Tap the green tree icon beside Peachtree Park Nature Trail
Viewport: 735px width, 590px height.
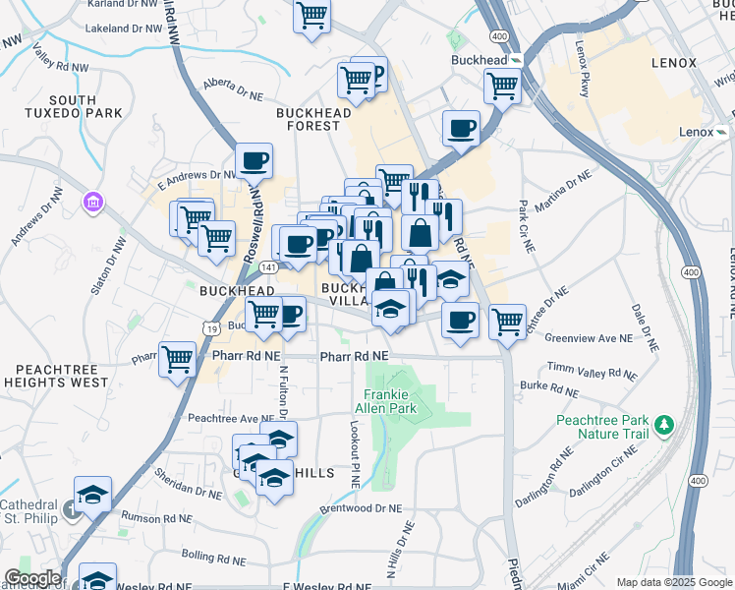point(665,425)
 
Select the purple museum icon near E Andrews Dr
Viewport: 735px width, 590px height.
point(93,203)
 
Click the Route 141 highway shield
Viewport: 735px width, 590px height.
point(269,267)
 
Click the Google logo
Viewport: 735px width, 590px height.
point(31,578)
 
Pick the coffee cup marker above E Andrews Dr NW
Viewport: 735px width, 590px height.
point(254,160)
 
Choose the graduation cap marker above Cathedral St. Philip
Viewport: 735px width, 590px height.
point(93,495)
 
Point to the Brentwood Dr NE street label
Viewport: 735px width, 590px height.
point(362,509)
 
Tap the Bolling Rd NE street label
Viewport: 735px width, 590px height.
point(213,557)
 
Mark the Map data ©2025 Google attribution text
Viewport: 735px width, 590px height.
point(673,582)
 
